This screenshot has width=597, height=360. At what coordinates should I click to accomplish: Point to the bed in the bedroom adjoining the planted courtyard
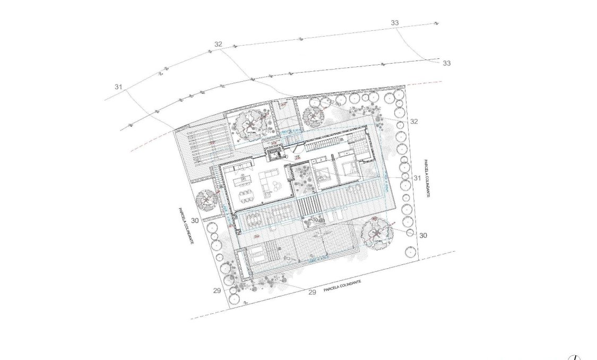[322, 174]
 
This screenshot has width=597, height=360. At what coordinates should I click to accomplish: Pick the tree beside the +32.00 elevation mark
[313, 114]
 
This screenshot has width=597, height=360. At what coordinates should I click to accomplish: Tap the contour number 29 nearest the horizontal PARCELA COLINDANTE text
[312, 292]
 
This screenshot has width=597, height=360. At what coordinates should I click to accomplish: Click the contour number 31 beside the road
[118, 87]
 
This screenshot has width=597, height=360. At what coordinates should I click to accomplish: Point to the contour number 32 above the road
[218, 44]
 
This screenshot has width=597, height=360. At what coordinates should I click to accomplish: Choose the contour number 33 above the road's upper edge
[394, 23]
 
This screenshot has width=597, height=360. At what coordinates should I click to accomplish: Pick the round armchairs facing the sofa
[278, 184]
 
